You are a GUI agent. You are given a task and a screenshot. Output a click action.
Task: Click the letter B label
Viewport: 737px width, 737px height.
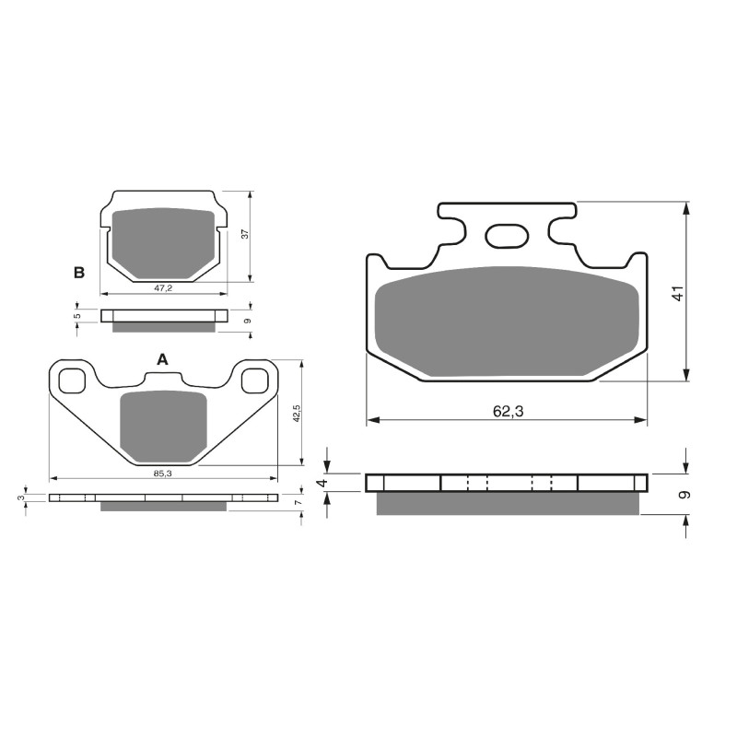79,273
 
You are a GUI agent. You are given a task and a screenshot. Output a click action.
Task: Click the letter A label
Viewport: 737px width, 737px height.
162,359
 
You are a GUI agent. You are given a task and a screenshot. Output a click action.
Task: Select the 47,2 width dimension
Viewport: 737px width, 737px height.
162,288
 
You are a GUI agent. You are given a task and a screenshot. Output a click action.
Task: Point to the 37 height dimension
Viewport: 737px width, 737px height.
244,234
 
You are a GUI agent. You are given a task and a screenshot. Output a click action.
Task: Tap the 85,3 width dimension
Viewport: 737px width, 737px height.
162,473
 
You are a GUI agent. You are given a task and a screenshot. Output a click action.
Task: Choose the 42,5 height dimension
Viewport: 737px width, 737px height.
296,411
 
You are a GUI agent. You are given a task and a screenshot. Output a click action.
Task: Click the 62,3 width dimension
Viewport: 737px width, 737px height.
507,412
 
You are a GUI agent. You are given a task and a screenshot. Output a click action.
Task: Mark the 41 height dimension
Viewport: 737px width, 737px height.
677,295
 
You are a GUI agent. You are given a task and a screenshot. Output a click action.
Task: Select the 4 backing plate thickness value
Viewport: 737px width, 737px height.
322,482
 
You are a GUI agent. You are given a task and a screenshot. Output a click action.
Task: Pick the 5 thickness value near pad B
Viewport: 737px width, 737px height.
78,315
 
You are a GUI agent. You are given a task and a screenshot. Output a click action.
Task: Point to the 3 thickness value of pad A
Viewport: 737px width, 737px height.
21,498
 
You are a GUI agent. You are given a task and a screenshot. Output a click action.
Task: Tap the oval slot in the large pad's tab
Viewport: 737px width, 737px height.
507,237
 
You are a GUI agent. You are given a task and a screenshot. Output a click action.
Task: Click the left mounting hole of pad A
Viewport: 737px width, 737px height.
72,380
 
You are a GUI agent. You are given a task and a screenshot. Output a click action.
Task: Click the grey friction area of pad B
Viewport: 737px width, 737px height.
162,241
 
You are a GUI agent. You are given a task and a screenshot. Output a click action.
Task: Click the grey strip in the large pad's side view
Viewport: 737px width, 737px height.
507,504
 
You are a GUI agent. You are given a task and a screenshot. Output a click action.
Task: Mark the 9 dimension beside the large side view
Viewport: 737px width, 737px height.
682,494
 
